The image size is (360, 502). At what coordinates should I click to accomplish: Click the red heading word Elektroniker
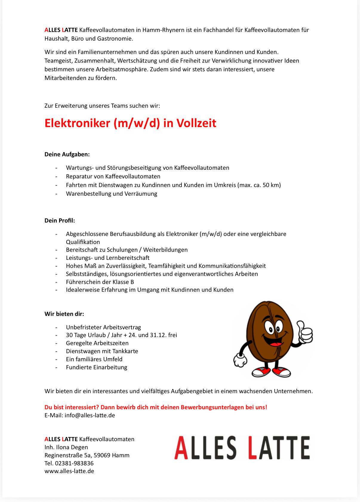pos(77,123)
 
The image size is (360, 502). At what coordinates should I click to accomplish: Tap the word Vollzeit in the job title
pos(196,123)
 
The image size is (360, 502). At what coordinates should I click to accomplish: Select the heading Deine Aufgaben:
pos(67,154)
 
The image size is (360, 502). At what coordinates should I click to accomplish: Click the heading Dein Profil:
pos(60,220)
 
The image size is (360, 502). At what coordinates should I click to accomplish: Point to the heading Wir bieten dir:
pos(64,314)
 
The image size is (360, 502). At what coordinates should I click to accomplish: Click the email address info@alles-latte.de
pos(90,415)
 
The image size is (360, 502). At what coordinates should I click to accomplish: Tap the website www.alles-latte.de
pos(69,471)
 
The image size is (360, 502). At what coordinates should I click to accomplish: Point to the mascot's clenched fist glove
pos(240,360)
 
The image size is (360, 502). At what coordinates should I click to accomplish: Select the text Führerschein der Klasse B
pos(100,282)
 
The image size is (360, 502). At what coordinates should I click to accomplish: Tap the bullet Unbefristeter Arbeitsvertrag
pos(103,327)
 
